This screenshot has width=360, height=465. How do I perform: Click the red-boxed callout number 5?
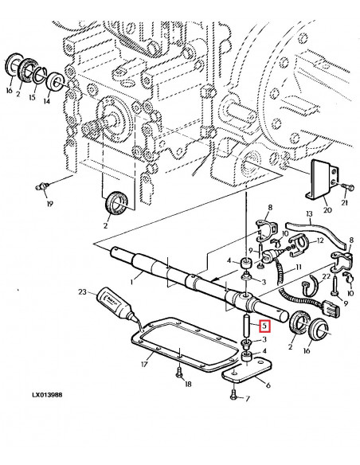tap(265, 324)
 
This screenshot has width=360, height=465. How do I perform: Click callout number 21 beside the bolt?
tap(345, 204)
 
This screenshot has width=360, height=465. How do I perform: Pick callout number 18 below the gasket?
tap(190, 385)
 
